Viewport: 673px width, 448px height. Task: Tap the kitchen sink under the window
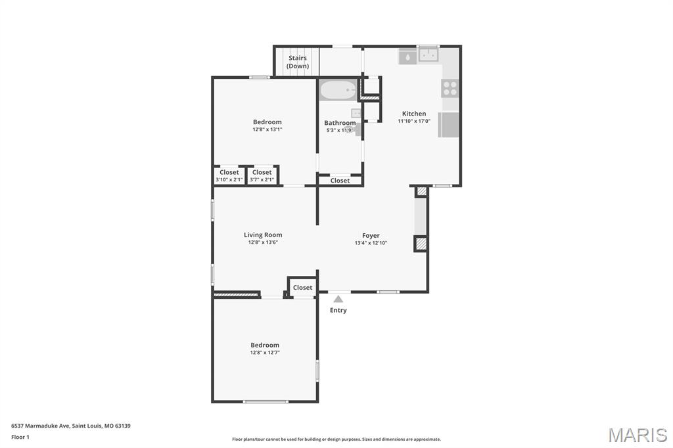click(429, 56)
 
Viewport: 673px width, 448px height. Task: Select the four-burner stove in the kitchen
click(450, 87)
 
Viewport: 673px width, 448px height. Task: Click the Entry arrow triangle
click(338, 299)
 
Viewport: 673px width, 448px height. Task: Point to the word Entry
click(338, 310)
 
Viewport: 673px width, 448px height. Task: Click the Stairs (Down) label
click(298, 62)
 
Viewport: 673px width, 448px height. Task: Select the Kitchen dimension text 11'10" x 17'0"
click(414, 122)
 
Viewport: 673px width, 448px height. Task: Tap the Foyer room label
click(371, 235)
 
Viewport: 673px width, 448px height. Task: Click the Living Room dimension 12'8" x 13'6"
click(263, 242)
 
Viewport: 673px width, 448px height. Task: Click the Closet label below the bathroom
click(340, 181)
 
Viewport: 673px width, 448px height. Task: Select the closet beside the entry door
click(302, 288)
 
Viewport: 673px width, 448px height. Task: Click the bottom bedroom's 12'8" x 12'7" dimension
click(265, 353)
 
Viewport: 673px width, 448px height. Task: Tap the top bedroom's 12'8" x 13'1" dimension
click(267, 129)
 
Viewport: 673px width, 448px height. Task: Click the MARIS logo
click(637, 435)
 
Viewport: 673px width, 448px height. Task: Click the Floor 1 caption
click(20, 437)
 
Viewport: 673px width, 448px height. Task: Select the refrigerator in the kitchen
click(449, 125)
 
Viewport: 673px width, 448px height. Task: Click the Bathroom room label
click(340, 123)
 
